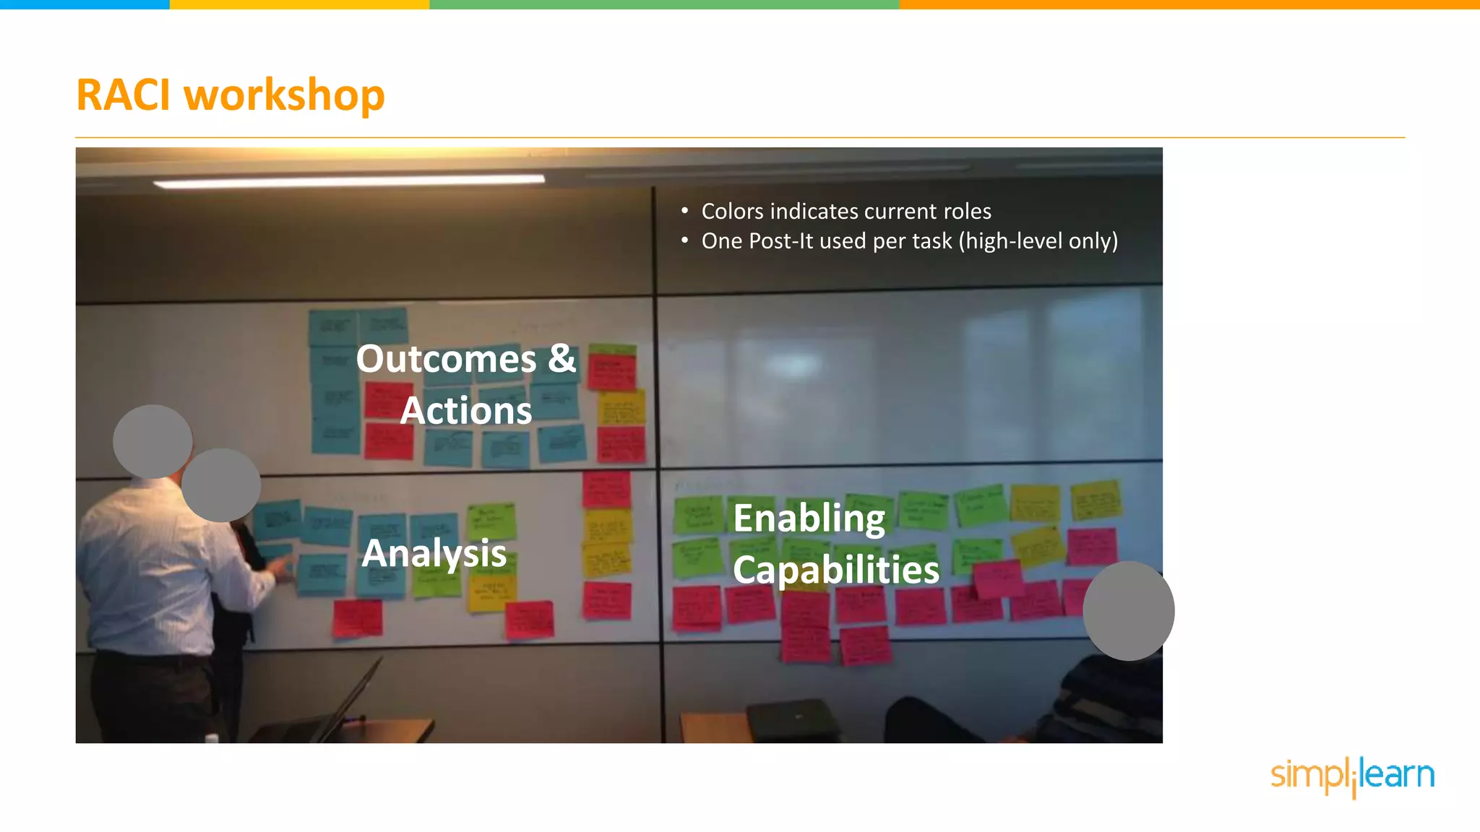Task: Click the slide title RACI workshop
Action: coord(230,95)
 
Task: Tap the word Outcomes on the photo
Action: coord(446,359)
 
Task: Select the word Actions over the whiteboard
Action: coord(466,411)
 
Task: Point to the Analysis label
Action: coord(434,553)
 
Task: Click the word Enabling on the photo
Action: coord(809,519)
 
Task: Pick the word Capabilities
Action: coord(836,570)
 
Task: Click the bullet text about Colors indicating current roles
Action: coord(846,211)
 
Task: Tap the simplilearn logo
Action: coord(1352,776)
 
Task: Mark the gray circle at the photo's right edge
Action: coord(1128,611)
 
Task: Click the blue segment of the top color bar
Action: coord(85,4)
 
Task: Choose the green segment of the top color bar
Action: coord(664,4)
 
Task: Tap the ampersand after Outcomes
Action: coord(562,358)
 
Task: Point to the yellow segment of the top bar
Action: coord(299,4)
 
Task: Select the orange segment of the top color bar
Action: coord(1189,4)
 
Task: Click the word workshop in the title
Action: coord(284,95)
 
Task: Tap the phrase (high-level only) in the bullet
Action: coord(1038,240)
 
